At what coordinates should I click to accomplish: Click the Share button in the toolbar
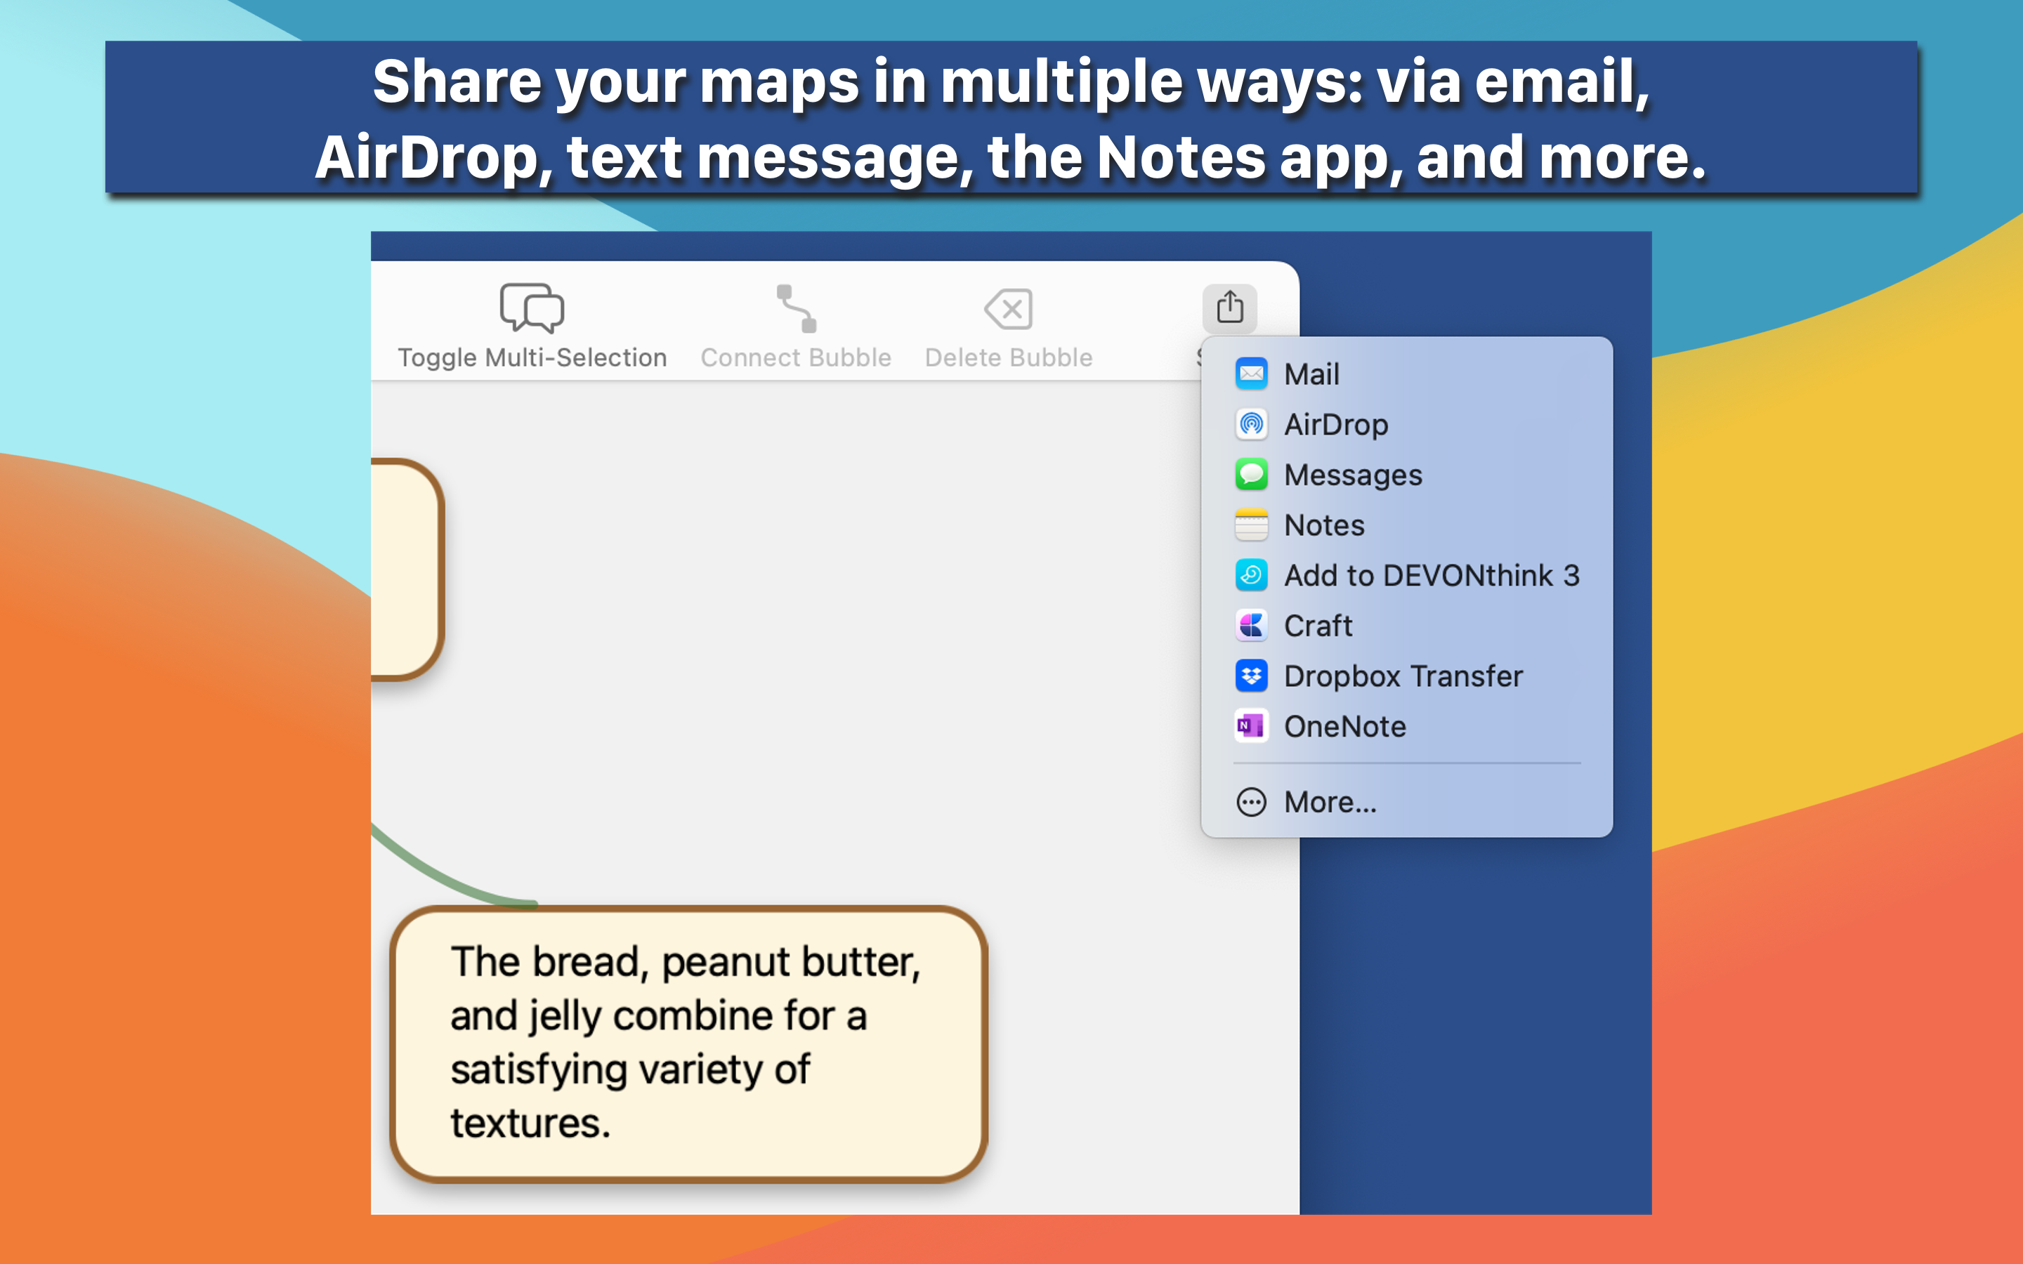(1230, 308)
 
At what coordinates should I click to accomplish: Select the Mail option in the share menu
(1311, 374)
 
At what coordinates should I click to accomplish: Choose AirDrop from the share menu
(1336, 424)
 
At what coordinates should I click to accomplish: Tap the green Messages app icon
(1252, 474)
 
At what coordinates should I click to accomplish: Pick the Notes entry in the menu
(1324, 525)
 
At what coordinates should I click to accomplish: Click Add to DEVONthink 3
(1431, 575)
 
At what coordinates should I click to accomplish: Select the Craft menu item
(1318, 625)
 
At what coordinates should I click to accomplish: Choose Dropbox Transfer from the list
(1403, 676)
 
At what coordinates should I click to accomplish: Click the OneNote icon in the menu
(1252, 725)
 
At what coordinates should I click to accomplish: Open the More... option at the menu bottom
(1330, 802)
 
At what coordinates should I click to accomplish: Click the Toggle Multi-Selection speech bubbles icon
(532, 308)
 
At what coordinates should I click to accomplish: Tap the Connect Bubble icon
(796, 308)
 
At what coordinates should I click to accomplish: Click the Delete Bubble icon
(1008, 309)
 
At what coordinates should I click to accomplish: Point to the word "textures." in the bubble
(530, 1123)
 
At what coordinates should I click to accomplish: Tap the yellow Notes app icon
(1252, 525)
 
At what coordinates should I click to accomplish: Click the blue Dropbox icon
(1252, 676)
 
